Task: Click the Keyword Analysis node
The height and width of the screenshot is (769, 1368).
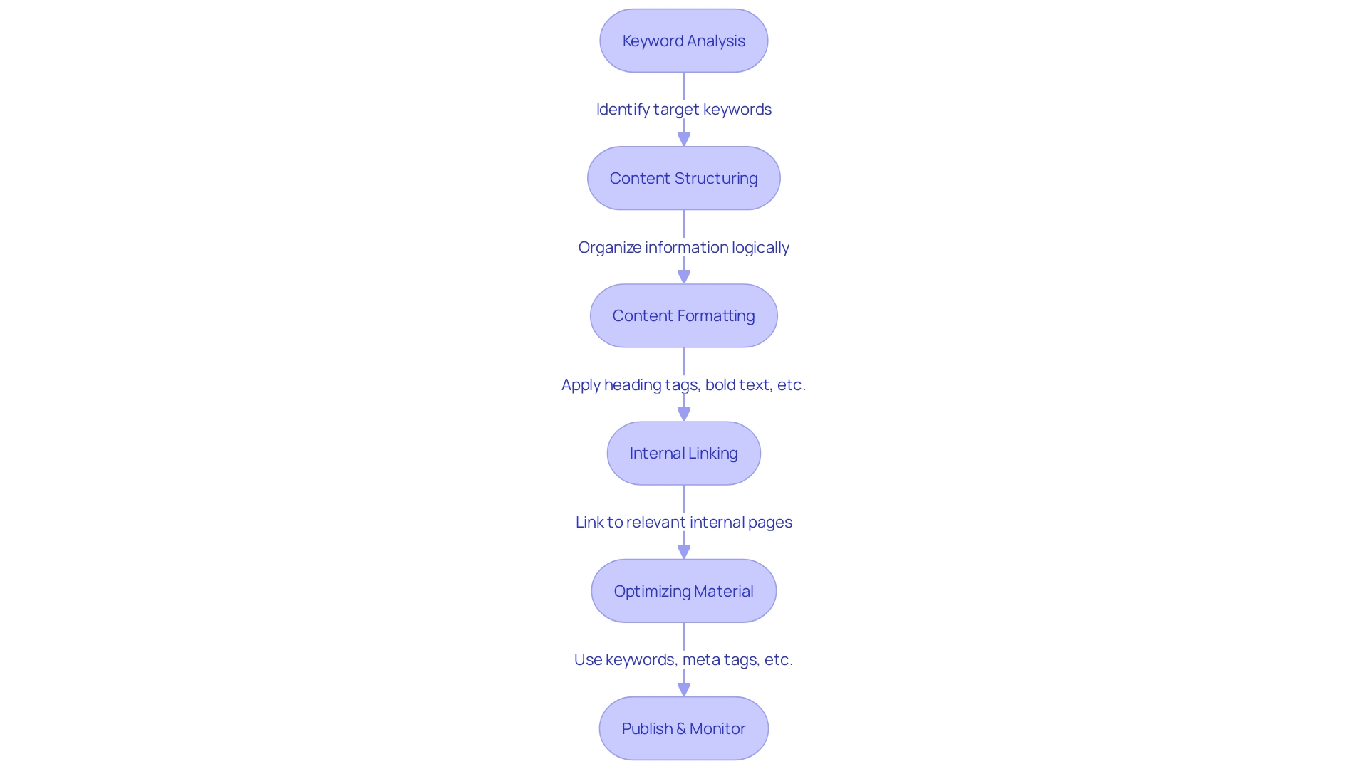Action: pos(683,41)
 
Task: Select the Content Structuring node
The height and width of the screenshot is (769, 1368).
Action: pos(683,178)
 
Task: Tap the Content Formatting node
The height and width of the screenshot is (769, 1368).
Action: pos(683,315)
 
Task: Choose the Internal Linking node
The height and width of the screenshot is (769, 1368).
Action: pos(683,453)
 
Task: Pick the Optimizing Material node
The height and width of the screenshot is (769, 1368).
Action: pos(683,591)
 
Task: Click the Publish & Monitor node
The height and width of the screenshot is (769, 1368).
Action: pos(683,728)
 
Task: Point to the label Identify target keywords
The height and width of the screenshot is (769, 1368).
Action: pos(683,109)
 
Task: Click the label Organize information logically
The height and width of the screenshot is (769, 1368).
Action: pos(683,247)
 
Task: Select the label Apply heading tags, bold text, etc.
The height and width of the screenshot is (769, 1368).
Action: pos(683,384)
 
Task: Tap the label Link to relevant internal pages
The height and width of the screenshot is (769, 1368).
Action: pos(683,522)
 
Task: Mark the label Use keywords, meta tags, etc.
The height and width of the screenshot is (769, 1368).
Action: pos(683,659)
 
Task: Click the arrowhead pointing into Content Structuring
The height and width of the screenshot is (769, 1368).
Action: pos(684,139)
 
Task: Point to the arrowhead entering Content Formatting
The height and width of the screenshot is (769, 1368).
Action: pos(684,276)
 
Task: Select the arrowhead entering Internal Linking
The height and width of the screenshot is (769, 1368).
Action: pos(684,414)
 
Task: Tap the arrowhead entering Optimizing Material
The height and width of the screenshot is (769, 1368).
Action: pos(684,551)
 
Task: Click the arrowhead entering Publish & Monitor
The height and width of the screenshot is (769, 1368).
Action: pos(684,689)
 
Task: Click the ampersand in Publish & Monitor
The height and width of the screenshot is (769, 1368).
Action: pos(680,728)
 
